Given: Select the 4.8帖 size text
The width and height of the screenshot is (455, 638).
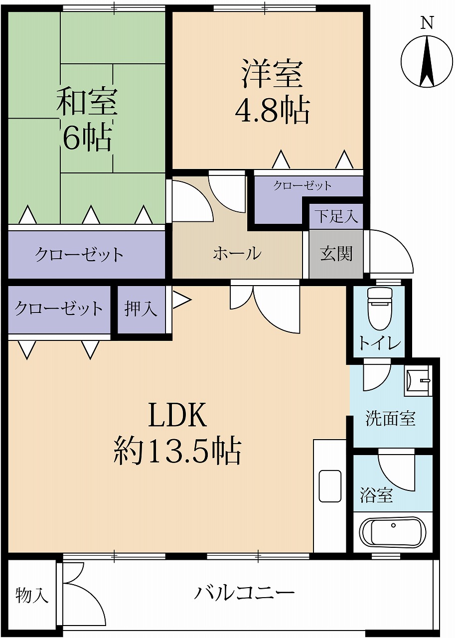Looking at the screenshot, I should click(272, 111).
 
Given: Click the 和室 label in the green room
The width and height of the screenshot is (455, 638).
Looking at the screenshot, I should click(86, 101).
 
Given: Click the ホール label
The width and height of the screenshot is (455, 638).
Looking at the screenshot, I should click(237, 254).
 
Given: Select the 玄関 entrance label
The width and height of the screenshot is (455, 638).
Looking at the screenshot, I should click(336, 254).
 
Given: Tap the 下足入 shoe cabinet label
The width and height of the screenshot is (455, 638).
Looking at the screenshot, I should click(336, 216).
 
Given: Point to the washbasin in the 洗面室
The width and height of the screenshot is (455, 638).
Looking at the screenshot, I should click(418, 382).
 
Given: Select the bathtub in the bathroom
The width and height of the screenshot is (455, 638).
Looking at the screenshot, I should click(393, 532).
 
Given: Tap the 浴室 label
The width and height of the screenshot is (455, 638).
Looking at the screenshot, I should click(376, 495).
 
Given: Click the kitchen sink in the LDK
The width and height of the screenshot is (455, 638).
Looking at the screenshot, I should click(329, 486).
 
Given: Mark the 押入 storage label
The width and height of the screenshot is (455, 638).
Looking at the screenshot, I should click(141, 309).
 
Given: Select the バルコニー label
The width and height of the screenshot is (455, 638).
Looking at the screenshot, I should click(244, 593).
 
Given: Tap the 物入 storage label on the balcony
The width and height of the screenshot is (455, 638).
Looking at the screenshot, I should click(32, 595).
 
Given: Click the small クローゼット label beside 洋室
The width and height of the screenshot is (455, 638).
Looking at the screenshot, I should click(302, 186).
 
